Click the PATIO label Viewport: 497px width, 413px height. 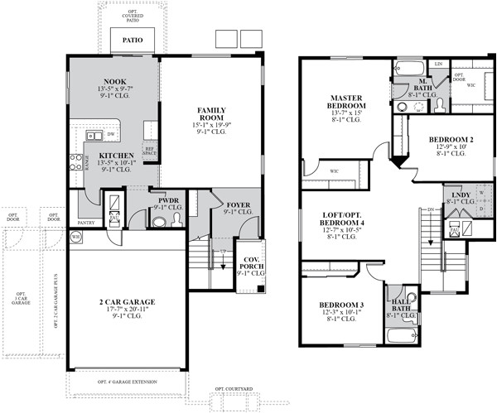point(132,39)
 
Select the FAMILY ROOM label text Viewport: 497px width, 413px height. point(212,114)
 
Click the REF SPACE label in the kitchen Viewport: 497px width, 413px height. point(150,152)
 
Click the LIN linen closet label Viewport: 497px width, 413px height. point(438,64)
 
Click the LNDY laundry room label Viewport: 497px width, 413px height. point(453,195)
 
